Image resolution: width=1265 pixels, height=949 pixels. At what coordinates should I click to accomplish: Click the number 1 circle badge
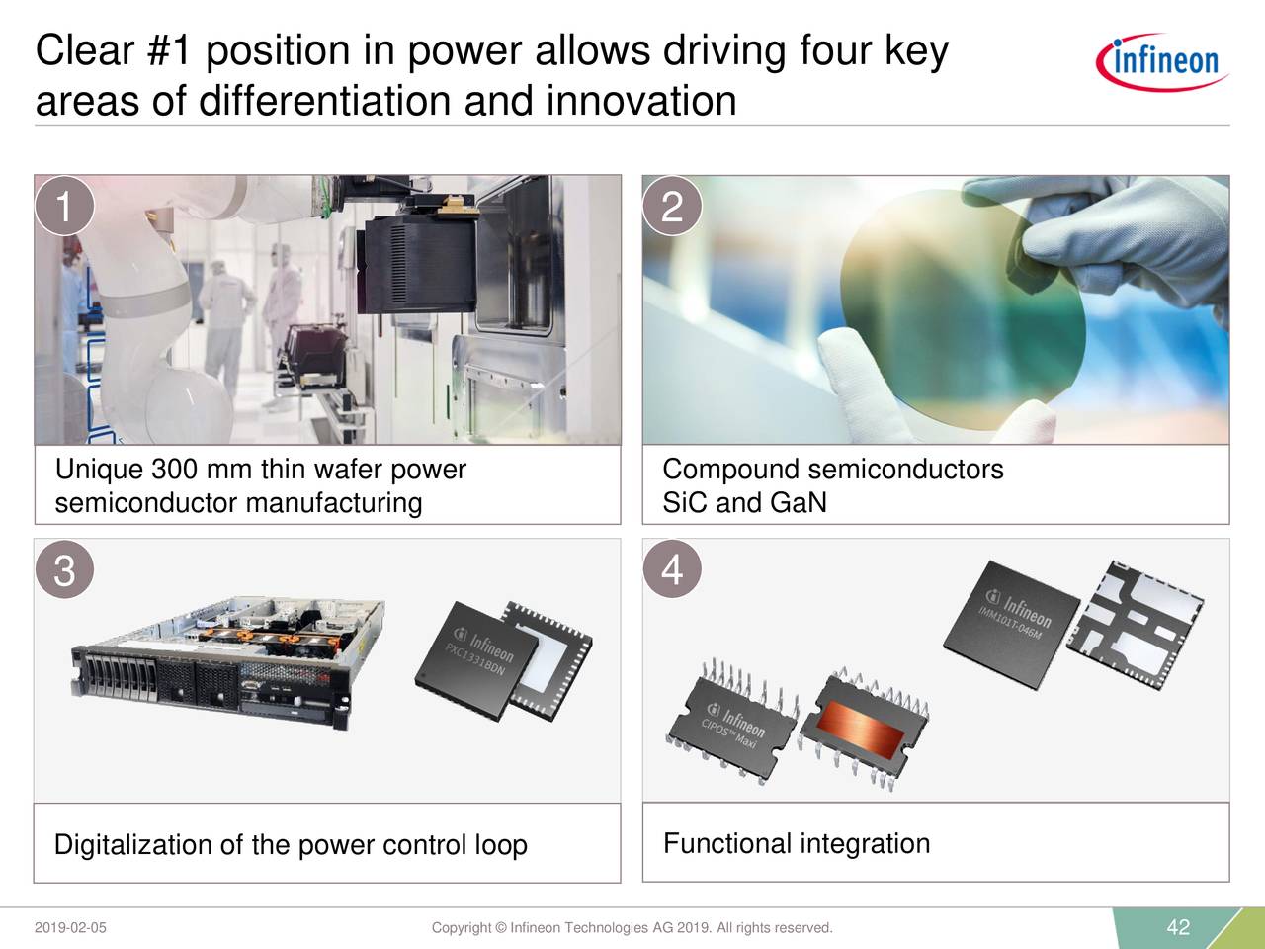tap(63, 207)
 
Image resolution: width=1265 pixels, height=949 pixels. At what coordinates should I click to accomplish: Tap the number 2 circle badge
tap(672, 207)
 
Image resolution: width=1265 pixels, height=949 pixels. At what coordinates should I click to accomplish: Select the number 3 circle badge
tap(63, 570)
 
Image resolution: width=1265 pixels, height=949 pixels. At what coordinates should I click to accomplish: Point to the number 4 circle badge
tap(672, 569)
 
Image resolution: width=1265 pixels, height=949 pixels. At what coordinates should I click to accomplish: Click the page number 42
tap(1178, 927)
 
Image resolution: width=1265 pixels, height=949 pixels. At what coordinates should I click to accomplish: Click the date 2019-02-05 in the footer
tap(70, 928)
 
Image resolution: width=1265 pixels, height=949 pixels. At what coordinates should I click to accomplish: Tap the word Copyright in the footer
tap(462, 928)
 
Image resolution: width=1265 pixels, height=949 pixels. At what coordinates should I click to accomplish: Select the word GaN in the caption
tap(798, 503)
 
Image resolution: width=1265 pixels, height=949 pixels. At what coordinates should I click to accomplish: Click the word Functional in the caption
tap(726, 844)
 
